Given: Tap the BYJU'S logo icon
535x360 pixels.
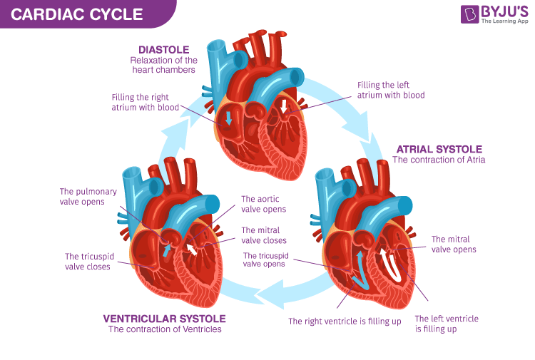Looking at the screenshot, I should [470, 14].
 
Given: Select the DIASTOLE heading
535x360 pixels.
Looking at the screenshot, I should [164, 50].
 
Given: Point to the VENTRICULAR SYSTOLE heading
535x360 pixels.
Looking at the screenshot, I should [164, 318].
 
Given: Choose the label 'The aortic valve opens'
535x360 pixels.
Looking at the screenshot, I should [263, 204].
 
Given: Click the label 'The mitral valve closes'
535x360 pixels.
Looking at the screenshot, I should [263, 235].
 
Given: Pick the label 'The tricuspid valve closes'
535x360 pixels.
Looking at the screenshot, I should [87, 262].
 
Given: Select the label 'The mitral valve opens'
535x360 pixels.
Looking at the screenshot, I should [454, 244].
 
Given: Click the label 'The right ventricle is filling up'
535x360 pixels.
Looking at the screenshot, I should [345, 322].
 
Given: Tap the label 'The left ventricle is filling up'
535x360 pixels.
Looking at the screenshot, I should [446, 324].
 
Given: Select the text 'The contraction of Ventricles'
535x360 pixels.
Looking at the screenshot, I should [165, 329].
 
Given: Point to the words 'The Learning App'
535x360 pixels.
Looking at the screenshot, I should [504, 21].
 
